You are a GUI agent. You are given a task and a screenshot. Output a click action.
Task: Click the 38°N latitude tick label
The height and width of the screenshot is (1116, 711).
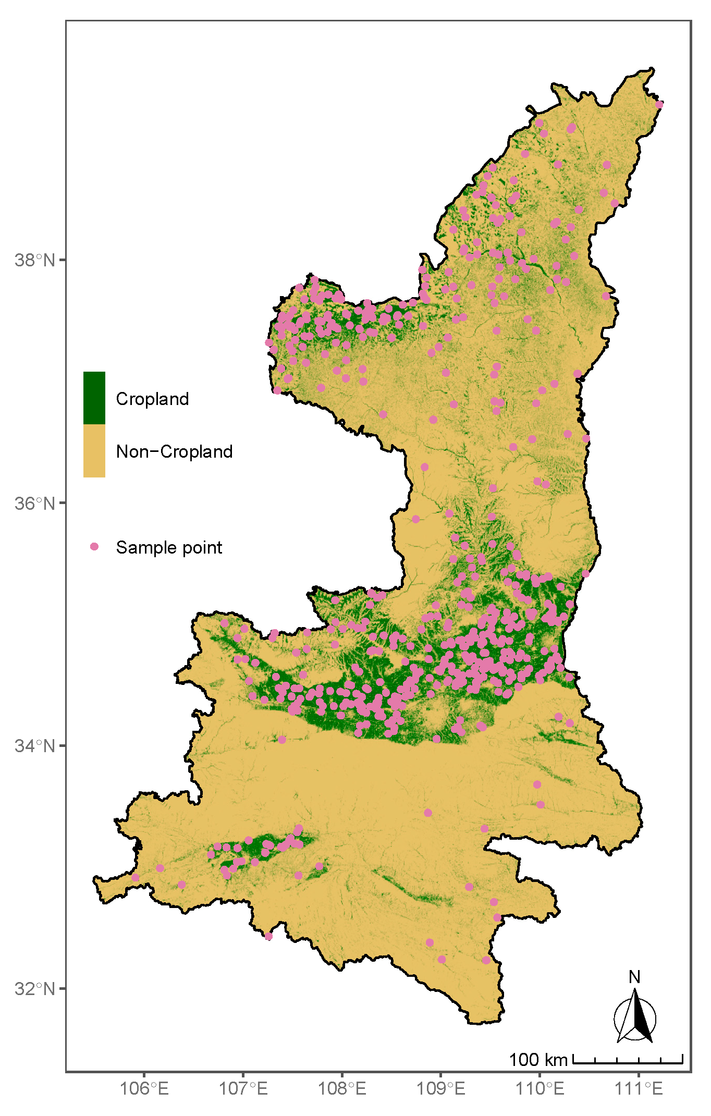[x=34, y=260]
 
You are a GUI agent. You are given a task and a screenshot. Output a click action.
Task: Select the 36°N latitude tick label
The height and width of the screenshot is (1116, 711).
[x=34, y=503]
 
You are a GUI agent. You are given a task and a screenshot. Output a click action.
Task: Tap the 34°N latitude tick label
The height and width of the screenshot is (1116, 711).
[x=34, y=746]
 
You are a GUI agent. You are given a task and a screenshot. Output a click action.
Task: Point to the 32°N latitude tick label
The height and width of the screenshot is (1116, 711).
[x=34, y=989]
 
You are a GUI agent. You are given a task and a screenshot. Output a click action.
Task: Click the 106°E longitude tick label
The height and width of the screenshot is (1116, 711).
[x=144, y=1089]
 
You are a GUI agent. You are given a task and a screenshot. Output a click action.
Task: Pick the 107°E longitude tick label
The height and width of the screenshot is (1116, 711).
[x=243, y=1089]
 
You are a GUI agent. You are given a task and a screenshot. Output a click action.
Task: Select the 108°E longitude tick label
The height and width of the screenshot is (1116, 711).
[x=342, y=1089]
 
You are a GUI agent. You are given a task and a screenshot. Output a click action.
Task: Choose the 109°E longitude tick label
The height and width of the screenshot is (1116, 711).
[x=441, y=1089]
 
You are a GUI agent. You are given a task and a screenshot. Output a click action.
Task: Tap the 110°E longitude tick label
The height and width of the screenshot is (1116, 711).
[x=540, y=1089]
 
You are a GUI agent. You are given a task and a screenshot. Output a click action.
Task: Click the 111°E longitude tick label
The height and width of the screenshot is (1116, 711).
[x=639, y=1089]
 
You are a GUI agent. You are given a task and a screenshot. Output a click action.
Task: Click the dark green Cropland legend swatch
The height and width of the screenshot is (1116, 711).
[x=94, y=398]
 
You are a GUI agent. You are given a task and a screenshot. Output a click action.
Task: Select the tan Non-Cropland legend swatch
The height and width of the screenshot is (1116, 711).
[x=94, y=451]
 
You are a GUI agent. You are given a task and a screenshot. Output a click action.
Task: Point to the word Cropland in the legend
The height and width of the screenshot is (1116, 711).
[x=152, y=399]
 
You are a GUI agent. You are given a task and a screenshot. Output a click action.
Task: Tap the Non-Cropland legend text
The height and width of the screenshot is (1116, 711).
[x=174, y=451]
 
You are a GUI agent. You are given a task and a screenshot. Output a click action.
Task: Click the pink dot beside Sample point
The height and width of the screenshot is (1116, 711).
[x=94, y=546]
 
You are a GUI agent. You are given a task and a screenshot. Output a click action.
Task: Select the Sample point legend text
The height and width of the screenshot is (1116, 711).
[x=169, y=547]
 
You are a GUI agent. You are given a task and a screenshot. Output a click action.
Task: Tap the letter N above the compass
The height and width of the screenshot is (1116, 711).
[x=634, y=977]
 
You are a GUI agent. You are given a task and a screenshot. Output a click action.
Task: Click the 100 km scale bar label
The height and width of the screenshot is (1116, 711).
[x=537, y=1059]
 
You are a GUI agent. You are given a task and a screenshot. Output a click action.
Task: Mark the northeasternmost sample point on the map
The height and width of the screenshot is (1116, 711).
[x=659, y=104]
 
